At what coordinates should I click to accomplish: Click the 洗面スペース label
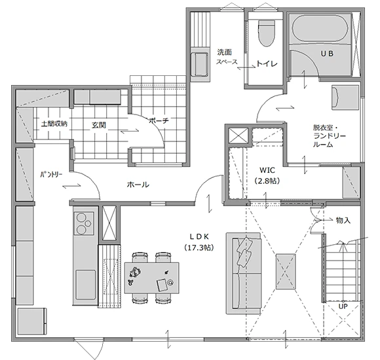tap(227, 57)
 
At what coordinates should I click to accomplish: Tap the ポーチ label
tap(158, 121)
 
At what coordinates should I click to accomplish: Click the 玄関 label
tap(98, 124)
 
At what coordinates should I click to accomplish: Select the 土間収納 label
tap(54, 124)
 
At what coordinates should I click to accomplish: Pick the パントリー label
tap(50, 175)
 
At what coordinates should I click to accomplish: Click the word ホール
tap(138, 185)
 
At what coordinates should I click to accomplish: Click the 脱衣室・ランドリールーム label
tap(330, 136)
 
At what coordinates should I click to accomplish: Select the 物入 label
tap(343, 221)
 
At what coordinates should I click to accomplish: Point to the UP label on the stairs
tap(343, 306)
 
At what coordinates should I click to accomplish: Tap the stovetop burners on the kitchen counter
tap(84, 223)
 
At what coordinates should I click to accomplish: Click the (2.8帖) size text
tap(266, 181)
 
